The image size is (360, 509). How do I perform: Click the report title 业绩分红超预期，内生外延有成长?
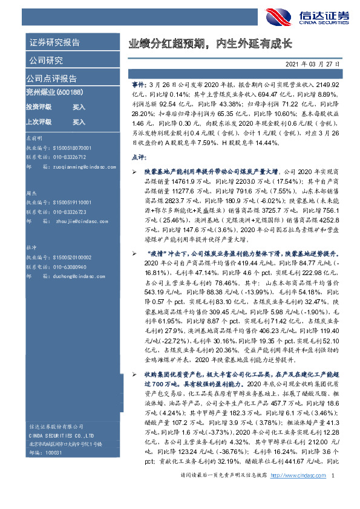209,44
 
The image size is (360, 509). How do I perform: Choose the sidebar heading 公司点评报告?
51,79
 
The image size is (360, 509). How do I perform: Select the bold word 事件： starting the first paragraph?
138,86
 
